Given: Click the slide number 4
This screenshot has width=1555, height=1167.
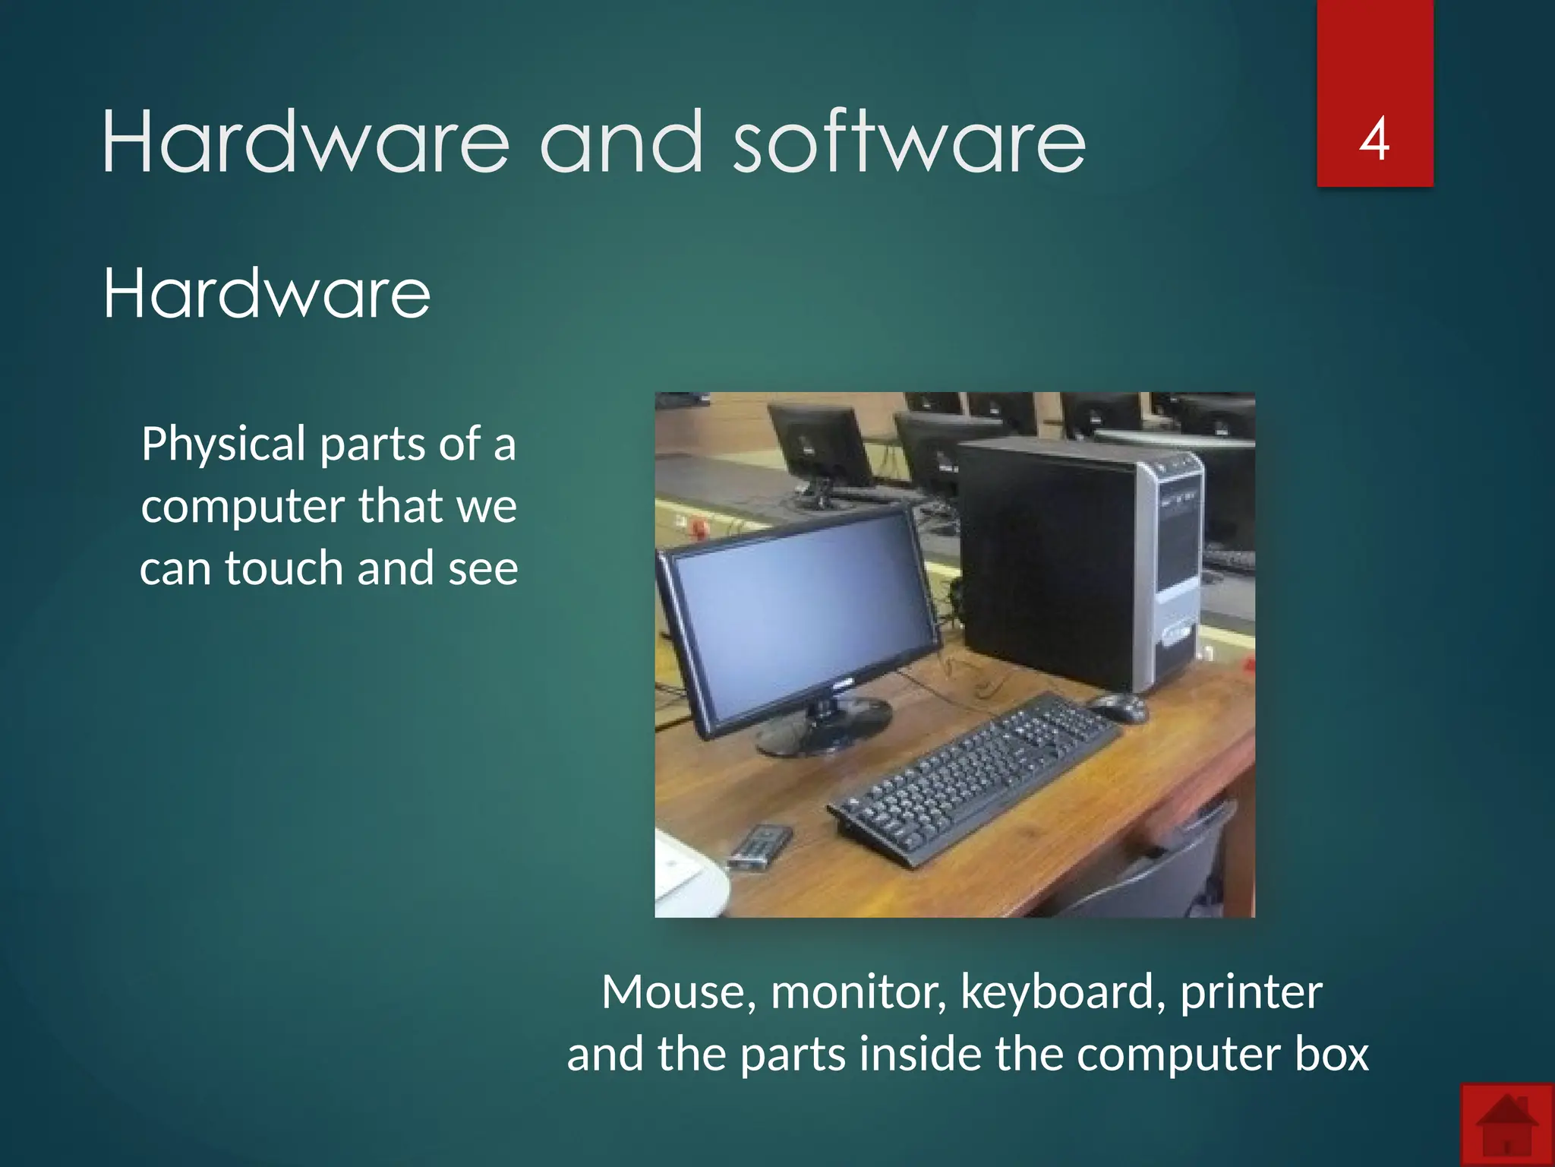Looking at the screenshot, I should tap(1374, 140).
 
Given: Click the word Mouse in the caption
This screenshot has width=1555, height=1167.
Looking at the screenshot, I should tap(678, 992).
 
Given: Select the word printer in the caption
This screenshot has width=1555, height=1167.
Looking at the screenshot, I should tap(1251, 992).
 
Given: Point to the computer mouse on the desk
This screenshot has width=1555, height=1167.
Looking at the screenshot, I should tap(1119, 708).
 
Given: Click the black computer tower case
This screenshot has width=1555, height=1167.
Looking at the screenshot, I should tap(1055, 562).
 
